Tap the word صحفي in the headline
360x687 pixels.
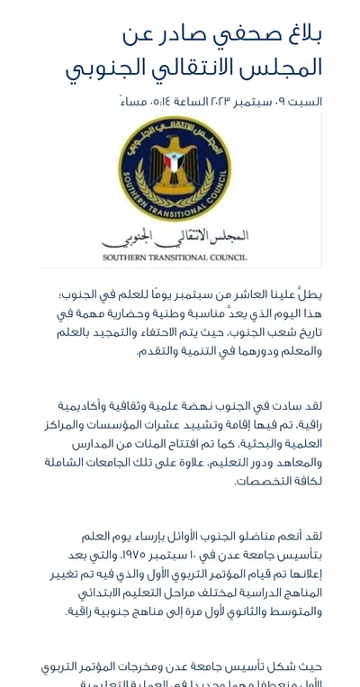pyautogui.click(x=240, y=34)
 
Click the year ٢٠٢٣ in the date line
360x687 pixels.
pyautogui.click(x=214, y=102)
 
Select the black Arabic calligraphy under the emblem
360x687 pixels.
pyautogui.click(x=175, y=236)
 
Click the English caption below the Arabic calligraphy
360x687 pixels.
pyautogui.click(x=175, y=257)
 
